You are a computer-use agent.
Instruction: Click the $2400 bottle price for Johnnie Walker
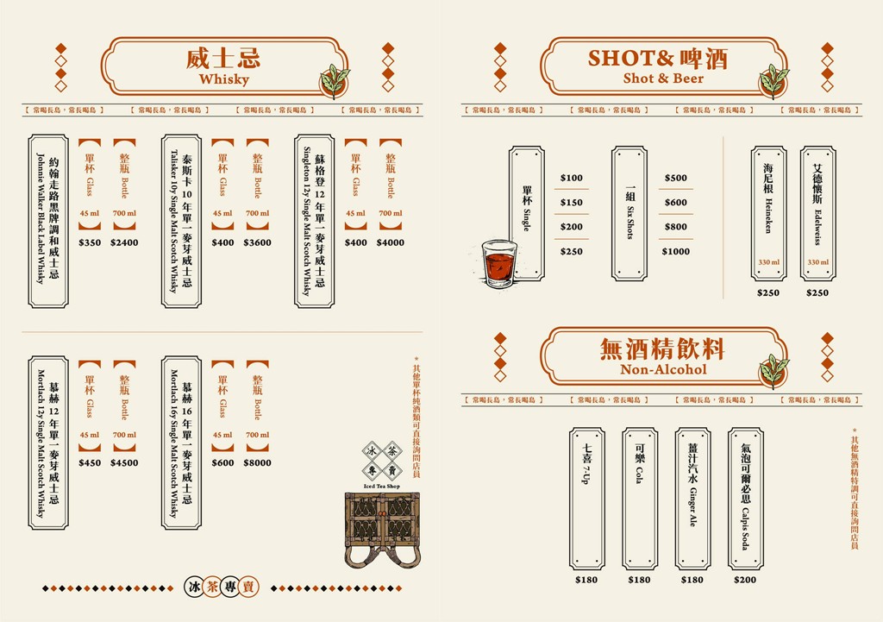coord(124,242)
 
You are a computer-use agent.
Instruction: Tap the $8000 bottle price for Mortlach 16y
coord(257,462)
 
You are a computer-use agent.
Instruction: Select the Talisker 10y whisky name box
coord(181,221)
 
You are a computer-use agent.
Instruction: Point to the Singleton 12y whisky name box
coord(314,221)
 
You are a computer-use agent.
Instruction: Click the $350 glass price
coord(90,242)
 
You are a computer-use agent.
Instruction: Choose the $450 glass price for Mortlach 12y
coord(90,462)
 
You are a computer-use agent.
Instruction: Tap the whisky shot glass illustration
coord(498,263)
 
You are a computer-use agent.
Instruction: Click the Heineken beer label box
coord(768,213)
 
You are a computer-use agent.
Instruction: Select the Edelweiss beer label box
coord(817,213)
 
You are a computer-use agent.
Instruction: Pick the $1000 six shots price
coord(676,251)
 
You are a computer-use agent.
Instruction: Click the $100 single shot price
coord(571,178)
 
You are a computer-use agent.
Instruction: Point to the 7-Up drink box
coord(587,498)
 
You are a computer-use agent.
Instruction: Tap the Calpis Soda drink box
coord(745,498)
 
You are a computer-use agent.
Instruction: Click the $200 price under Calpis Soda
coord(745,580)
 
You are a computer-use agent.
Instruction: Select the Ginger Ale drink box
coord(692,498)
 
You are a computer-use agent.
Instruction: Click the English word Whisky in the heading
coord(223,79)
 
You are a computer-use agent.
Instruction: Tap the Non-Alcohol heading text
coord(663,369)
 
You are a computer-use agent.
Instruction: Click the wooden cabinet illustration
coord(381,528)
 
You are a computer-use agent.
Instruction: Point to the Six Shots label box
coord(629,213)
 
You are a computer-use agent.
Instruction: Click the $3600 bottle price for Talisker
coord(257,242)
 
